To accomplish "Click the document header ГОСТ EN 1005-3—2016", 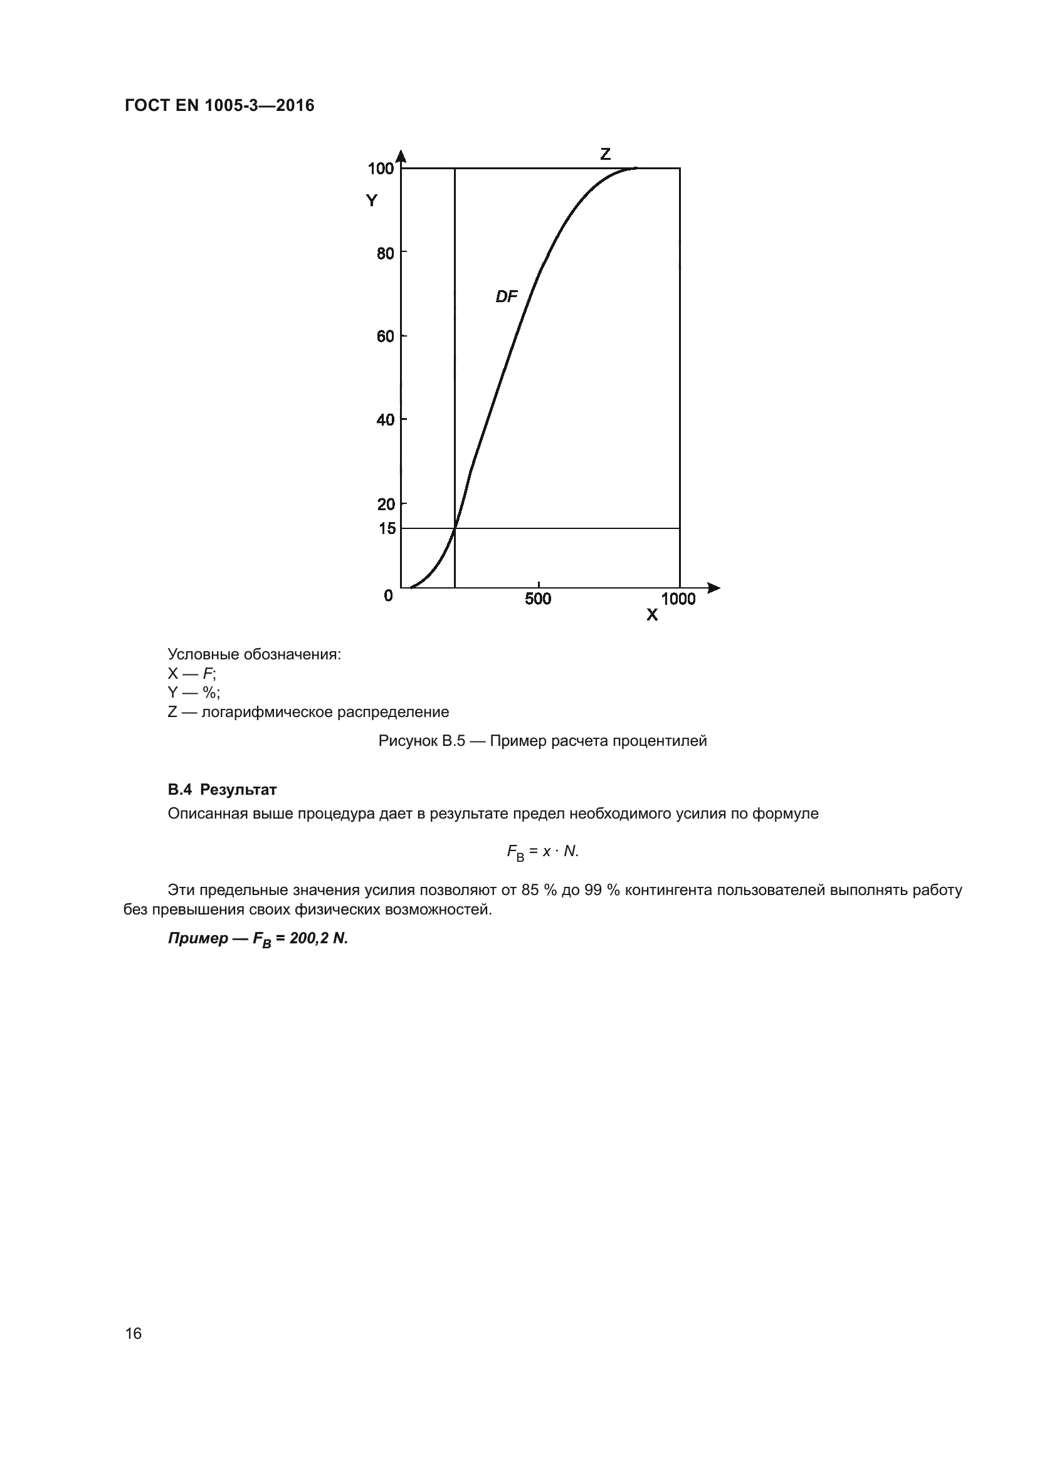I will pos(219,105).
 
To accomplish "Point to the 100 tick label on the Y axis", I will pos(381,169).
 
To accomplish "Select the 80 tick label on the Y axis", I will pos(386,253).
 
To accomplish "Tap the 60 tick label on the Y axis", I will pos(386,337).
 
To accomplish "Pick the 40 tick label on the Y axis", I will pos(386,420).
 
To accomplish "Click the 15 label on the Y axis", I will pos(387,529).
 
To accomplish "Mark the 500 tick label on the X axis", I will pos(538,599).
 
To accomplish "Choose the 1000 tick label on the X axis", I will pos(678,599).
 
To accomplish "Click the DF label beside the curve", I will pos(507,296).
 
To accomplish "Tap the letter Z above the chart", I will pos(606,154).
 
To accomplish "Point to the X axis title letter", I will pos(652,615).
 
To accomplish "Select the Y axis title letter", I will pos(372,201).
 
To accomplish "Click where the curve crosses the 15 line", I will pos(455,529).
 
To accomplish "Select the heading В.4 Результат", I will pos(222,790).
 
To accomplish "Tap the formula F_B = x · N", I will pos(543,852).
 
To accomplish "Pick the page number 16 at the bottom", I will pos(134,1333).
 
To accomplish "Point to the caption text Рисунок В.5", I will pos(421,741).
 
